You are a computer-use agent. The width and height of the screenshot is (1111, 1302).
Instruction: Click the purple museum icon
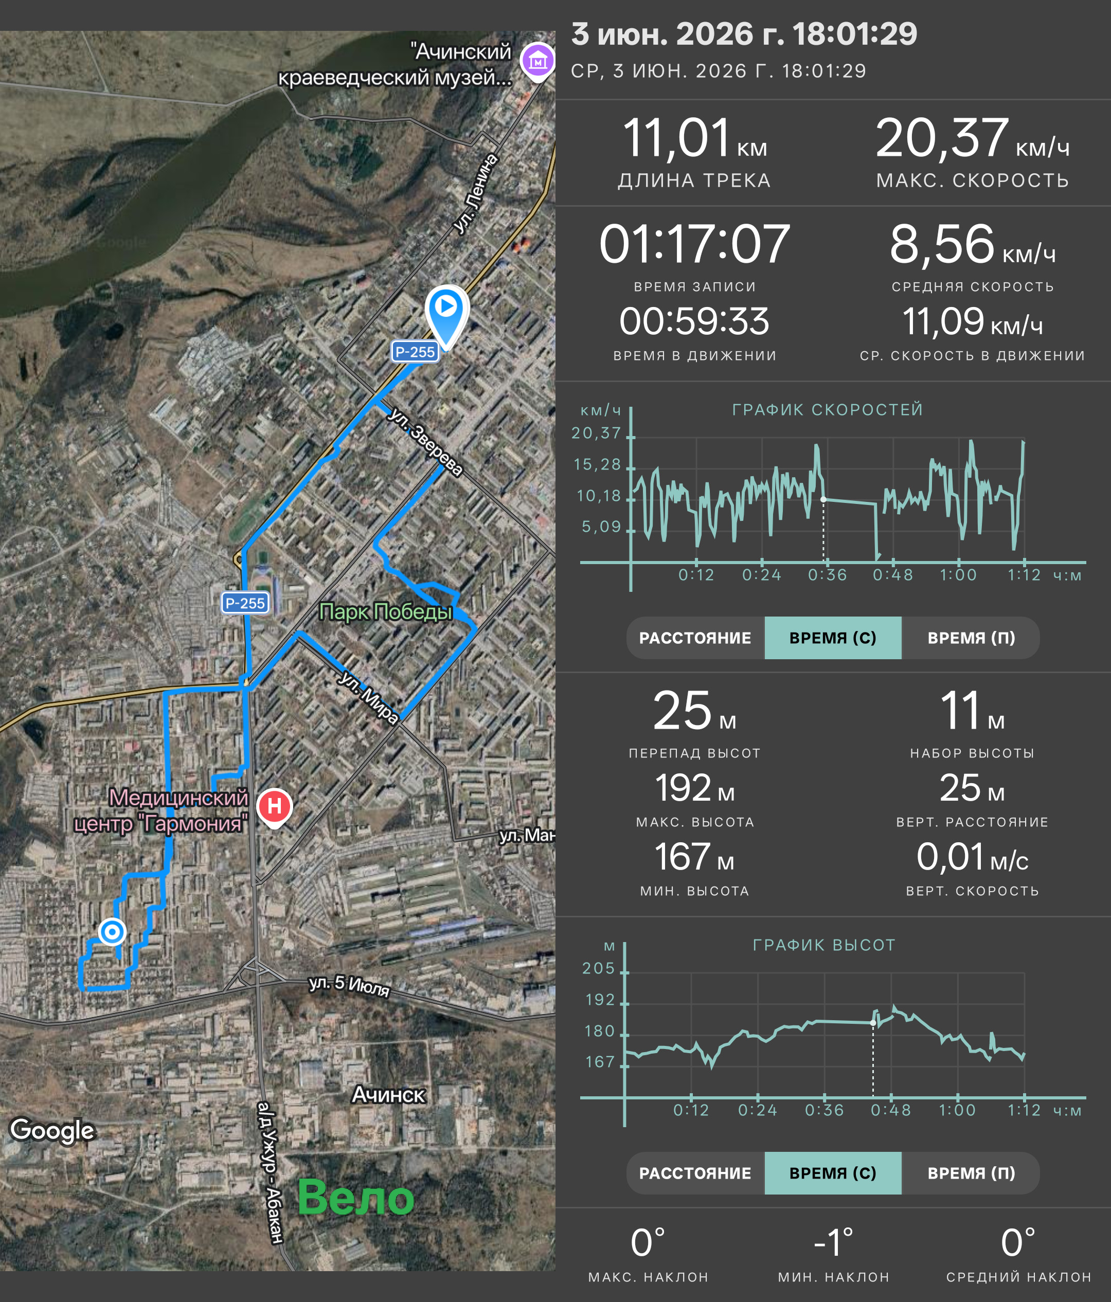[x=537, y=61]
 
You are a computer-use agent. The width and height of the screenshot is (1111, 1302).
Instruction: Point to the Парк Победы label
[x=385, y=611]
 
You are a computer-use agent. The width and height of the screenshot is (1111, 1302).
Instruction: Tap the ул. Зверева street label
[x=425, y=441]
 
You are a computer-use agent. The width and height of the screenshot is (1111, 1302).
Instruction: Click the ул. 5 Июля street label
[x=349, y=985]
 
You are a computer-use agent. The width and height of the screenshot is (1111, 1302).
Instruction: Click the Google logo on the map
[x=52, y=1129]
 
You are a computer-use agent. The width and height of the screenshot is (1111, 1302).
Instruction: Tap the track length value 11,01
[x=677, y=138]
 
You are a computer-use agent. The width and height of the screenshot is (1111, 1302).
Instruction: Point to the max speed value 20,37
[x=942, y=138]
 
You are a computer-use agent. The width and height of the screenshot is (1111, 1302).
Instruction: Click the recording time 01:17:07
[x=694, y=244]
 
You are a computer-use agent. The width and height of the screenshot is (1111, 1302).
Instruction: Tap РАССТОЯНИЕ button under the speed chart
[x=695, y=638]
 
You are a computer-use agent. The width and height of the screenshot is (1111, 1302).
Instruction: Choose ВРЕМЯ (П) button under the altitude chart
[x=971, y=1173]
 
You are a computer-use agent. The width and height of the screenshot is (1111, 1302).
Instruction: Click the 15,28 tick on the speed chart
[x=597, y=464]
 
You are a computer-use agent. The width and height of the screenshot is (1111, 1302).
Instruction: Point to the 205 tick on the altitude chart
[x=599, y=968]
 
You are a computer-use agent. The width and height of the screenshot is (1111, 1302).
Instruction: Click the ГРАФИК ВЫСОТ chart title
[x=824, y=945]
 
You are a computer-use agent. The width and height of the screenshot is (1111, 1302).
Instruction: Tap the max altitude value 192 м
[x=694, y=788]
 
